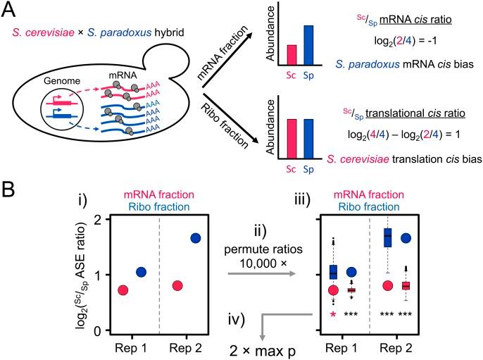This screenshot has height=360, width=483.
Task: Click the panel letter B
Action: click(x=11, y=189)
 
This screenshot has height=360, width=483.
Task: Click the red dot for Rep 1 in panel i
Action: click(x=123, y=290)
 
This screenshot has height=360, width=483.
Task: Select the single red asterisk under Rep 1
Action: click(x=332, y=315)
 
